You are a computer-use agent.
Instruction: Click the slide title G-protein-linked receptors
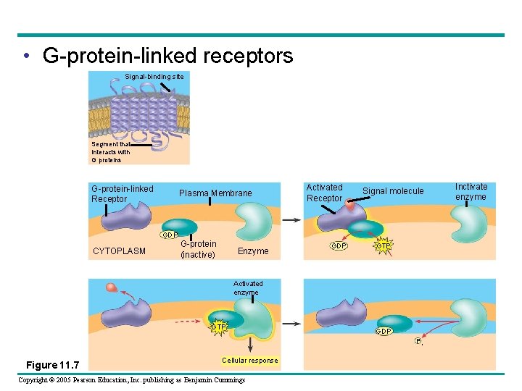click(167, 56)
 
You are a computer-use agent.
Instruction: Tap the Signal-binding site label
click(154, 76)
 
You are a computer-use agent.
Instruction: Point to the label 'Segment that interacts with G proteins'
click(111, 152)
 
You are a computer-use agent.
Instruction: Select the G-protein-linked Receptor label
click(122, 194)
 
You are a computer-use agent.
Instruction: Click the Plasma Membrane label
click(215, 193)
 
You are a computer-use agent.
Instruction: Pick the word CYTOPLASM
click(119, 252)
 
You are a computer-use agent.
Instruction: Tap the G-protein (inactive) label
click(198, 250)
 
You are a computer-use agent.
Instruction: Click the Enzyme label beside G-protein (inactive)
click(253, 251)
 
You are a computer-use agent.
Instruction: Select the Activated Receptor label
click(324, 193)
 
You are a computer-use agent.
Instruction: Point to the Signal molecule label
click(393, 191)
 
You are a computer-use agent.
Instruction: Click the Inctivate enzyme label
click(471, 192)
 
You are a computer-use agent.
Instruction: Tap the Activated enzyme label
click(248, 288)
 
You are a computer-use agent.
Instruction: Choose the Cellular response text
click(249, 361)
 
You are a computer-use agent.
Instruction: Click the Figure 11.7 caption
click(52, 363)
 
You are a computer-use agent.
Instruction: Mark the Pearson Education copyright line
click(131, 380)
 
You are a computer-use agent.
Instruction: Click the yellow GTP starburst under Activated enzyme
click(218, 327)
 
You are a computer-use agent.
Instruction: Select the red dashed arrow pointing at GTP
click(191, 321)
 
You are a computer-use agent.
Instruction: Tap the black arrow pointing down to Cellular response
click(250, 345)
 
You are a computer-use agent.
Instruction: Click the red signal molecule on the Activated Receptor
click(350, 206)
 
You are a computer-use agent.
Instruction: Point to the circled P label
click(418, 341)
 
